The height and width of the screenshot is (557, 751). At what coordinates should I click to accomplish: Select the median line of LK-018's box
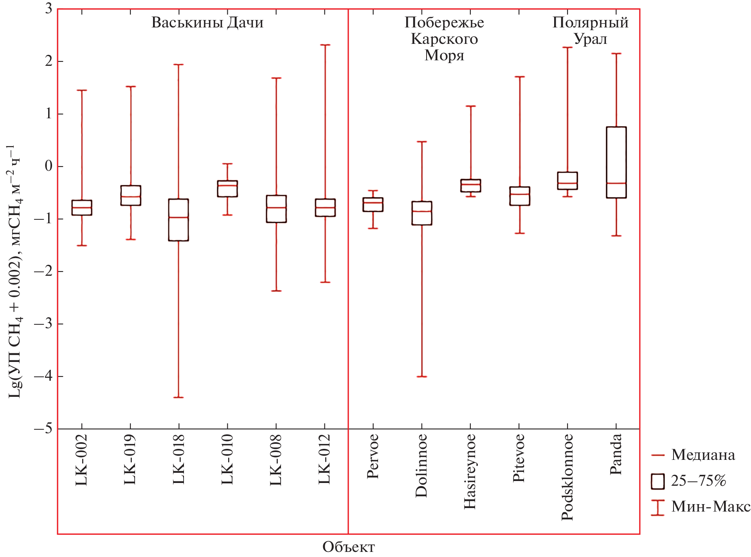178,217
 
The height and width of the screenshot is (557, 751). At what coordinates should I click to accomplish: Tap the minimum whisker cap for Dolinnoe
421,376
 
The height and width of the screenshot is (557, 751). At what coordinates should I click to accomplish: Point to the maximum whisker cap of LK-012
325,45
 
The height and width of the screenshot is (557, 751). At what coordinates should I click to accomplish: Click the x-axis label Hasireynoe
470,472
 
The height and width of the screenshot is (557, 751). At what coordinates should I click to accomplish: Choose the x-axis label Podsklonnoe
567,477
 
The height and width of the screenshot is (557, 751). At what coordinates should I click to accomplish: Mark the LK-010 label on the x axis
227,459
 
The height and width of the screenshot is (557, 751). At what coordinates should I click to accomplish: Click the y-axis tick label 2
49,61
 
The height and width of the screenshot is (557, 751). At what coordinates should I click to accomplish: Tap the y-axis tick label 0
49,166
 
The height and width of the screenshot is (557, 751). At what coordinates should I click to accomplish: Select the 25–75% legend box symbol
657,481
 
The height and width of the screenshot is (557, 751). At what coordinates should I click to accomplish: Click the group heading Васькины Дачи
207,22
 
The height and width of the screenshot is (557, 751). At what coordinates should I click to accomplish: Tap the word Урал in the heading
590,39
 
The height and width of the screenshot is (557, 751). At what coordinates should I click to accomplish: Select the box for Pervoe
373,205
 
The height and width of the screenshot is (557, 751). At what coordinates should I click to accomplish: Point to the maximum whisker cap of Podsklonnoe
567,47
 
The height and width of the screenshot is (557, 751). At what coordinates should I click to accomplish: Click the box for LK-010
227,189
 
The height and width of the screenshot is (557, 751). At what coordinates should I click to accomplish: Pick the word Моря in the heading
444,56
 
